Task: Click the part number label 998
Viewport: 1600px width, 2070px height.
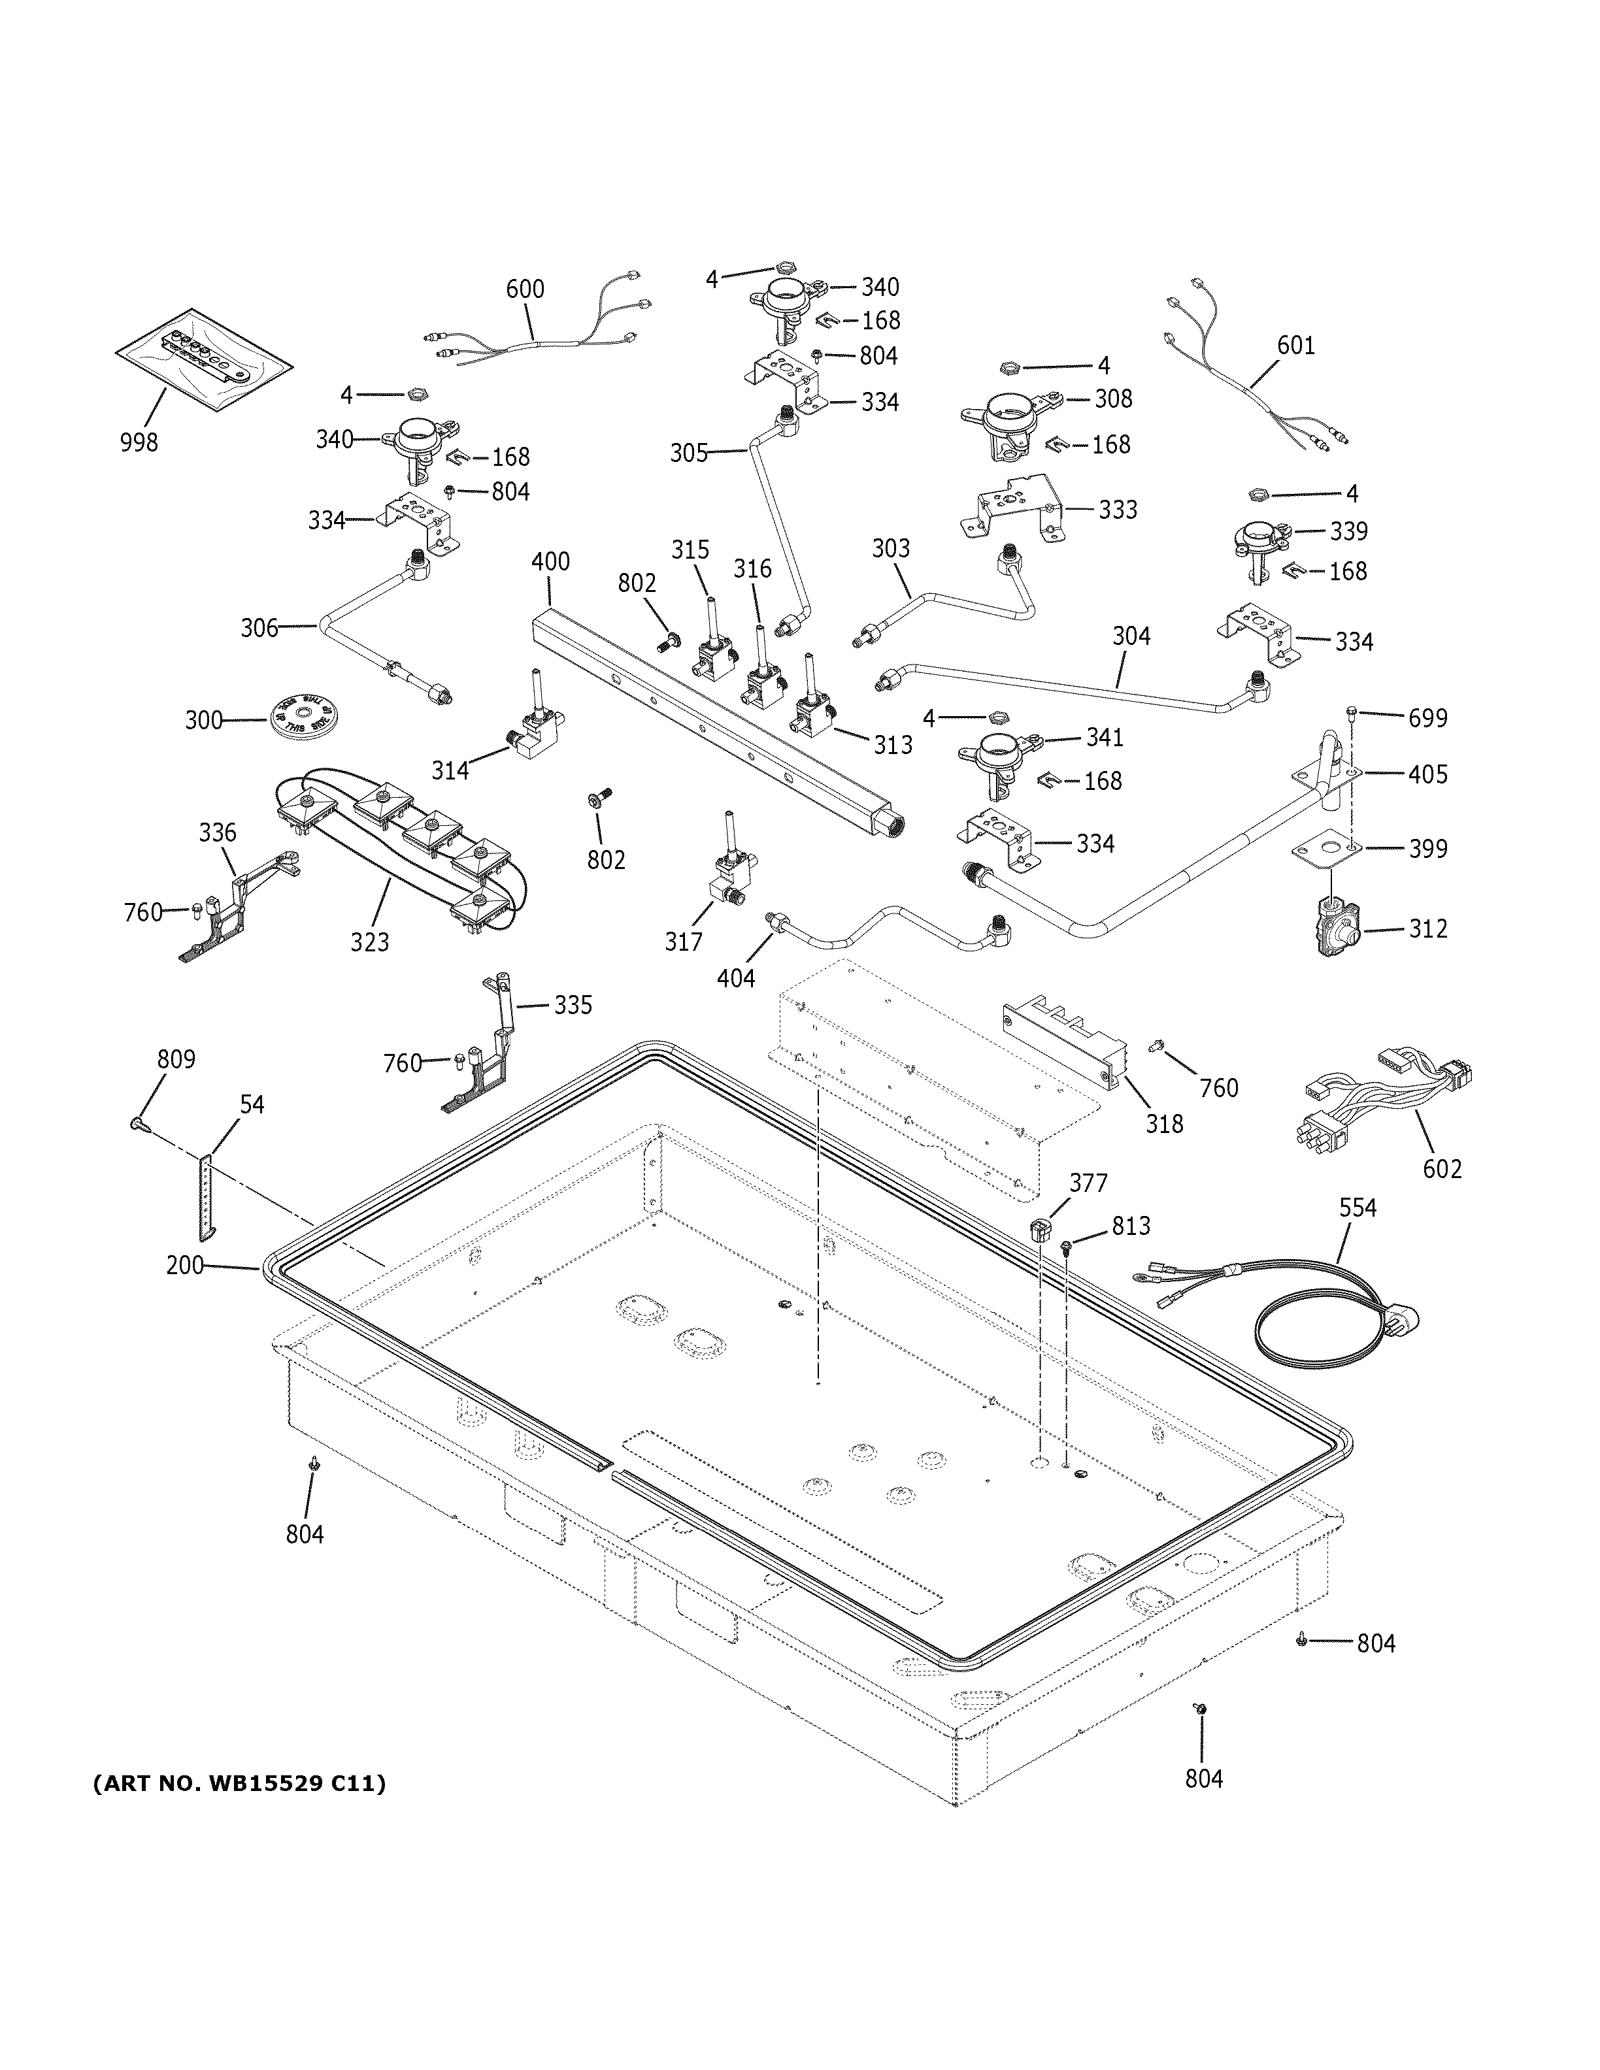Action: coord(139,442)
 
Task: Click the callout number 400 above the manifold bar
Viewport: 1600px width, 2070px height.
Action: coord(550,561)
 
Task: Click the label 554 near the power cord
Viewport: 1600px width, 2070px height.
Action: coord(1358,1207)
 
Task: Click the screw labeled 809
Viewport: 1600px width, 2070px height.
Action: coord(137,1123)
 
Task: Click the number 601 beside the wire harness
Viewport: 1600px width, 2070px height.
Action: coord(1295,346)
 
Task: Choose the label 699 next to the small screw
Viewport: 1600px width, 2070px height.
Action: coord(1427,719)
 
